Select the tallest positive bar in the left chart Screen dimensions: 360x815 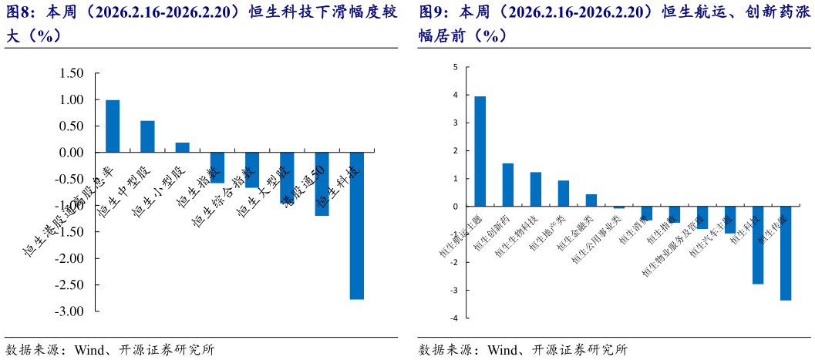click(x=113, y=126)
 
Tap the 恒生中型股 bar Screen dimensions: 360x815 click(x=147, y=136)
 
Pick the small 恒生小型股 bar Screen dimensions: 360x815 click(x=183, y=147)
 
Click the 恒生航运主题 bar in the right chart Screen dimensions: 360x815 click(x=480, y=152)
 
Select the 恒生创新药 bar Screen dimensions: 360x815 click(x=508, y=185)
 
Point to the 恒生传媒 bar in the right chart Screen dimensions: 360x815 click(x=786, y=253)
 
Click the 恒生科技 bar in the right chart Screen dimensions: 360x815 click(x=758, y=245)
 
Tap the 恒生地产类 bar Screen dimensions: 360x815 click(x=564, y=193)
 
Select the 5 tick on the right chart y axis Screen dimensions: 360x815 click(x=455, y=67)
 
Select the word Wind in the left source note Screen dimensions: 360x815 click(x=90, y=349)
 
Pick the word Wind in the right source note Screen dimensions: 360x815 click(x=503, y=349)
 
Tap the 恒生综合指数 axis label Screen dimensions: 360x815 click(x=224, y=197)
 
